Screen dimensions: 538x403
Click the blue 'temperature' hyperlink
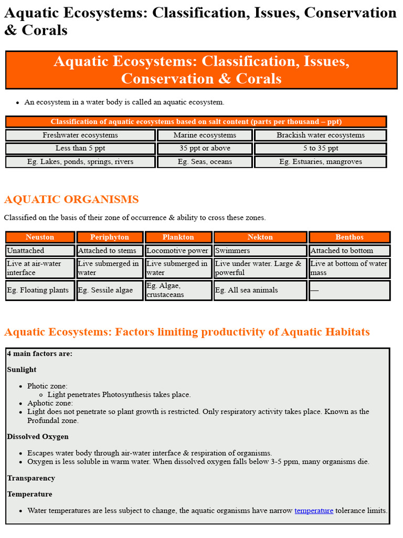314,510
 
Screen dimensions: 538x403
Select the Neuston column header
40,237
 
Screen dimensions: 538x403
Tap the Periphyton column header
109,237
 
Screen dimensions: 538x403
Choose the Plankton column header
178,237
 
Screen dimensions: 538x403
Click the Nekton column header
260,237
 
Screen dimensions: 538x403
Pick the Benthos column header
349,237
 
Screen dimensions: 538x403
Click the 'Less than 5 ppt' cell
80,148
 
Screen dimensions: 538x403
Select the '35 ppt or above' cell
205,148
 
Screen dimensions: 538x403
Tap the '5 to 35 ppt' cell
320,148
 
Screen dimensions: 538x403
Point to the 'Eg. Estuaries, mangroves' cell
320,162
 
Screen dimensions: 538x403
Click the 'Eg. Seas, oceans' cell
205,162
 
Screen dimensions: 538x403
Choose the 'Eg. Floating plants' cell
40,290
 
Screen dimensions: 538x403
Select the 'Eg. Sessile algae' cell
109,290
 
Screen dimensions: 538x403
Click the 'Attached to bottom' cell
349,251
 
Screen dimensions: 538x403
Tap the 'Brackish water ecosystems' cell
320,135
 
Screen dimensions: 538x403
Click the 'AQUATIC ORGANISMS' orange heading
71,200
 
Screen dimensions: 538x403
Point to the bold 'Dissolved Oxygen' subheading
38,437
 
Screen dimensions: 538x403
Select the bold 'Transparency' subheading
31,478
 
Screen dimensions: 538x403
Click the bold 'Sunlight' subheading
22,369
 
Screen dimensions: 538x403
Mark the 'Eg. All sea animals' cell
260,290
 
